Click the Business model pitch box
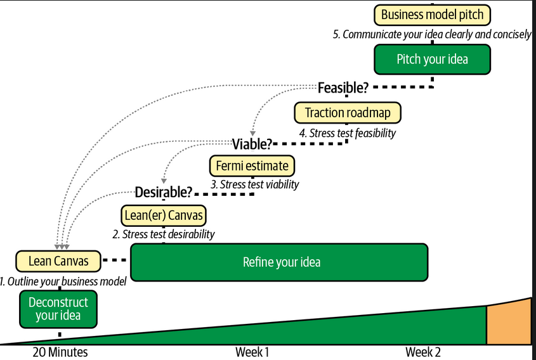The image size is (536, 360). pyautogui.click(x=433, y=15)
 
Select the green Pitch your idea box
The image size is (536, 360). pyautogui.click(x=432, y=59)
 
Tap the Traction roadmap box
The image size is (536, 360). pyautogui.click(x=348, y=113)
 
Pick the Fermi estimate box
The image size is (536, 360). pyautogui.click(x=252, y=166)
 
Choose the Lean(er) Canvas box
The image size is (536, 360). pyautogui.click(x=164, y=215)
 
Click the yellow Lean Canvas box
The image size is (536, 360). pyautogui.click(x=58, y=260)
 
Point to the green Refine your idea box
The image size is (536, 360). pyautogui.click(x=279, y=262)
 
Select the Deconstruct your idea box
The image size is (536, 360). pyautogui.click(x=58, y=309)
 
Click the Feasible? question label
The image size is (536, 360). pyautogui.click(x=343, y=87)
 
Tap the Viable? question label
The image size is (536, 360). pyautogui.click(x=252, y=144)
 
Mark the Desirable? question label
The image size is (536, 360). pyautogui.click(x=164, y=192)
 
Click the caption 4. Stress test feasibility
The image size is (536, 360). pyautogui.click(x=348, y=133)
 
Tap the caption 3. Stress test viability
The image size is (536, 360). pyautogui.click(x=254, y=184)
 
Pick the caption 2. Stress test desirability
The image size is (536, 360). pyautogui.click(x=164, y=234)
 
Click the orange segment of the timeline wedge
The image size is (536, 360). pyautogui.click(x=509, y=325)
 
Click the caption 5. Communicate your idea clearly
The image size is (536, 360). pyautogui.click(x=432, y=34)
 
